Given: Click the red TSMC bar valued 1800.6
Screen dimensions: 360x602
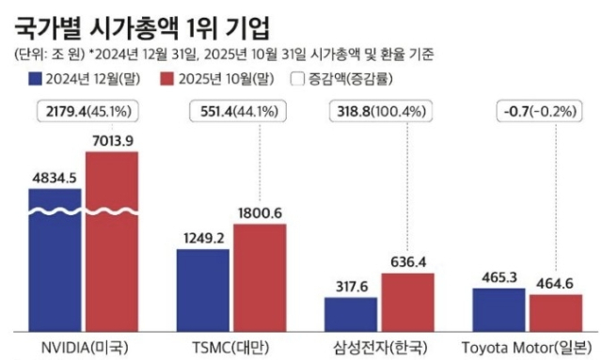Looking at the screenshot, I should (260, 277).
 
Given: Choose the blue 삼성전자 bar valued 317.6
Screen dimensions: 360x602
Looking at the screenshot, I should (351, 314).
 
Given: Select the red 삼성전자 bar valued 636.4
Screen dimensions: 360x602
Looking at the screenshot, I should (407, 302).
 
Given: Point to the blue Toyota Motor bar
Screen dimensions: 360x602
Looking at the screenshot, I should (499, 309).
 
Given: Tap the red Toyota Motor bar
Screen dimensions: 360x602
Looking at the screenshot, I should (555, 312).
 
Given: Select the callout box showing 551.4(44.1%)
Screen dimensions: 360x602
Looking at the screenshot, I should (231, 112).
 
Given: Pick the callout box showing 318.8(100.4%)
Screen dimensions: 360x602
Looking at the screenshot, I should (380, 112).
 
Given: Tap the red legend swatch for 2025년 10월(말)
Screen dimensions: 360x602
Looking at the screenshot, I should (169, 79).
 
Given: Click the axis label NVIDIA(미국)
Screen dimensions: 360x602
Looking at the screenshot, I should (85, 348).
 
